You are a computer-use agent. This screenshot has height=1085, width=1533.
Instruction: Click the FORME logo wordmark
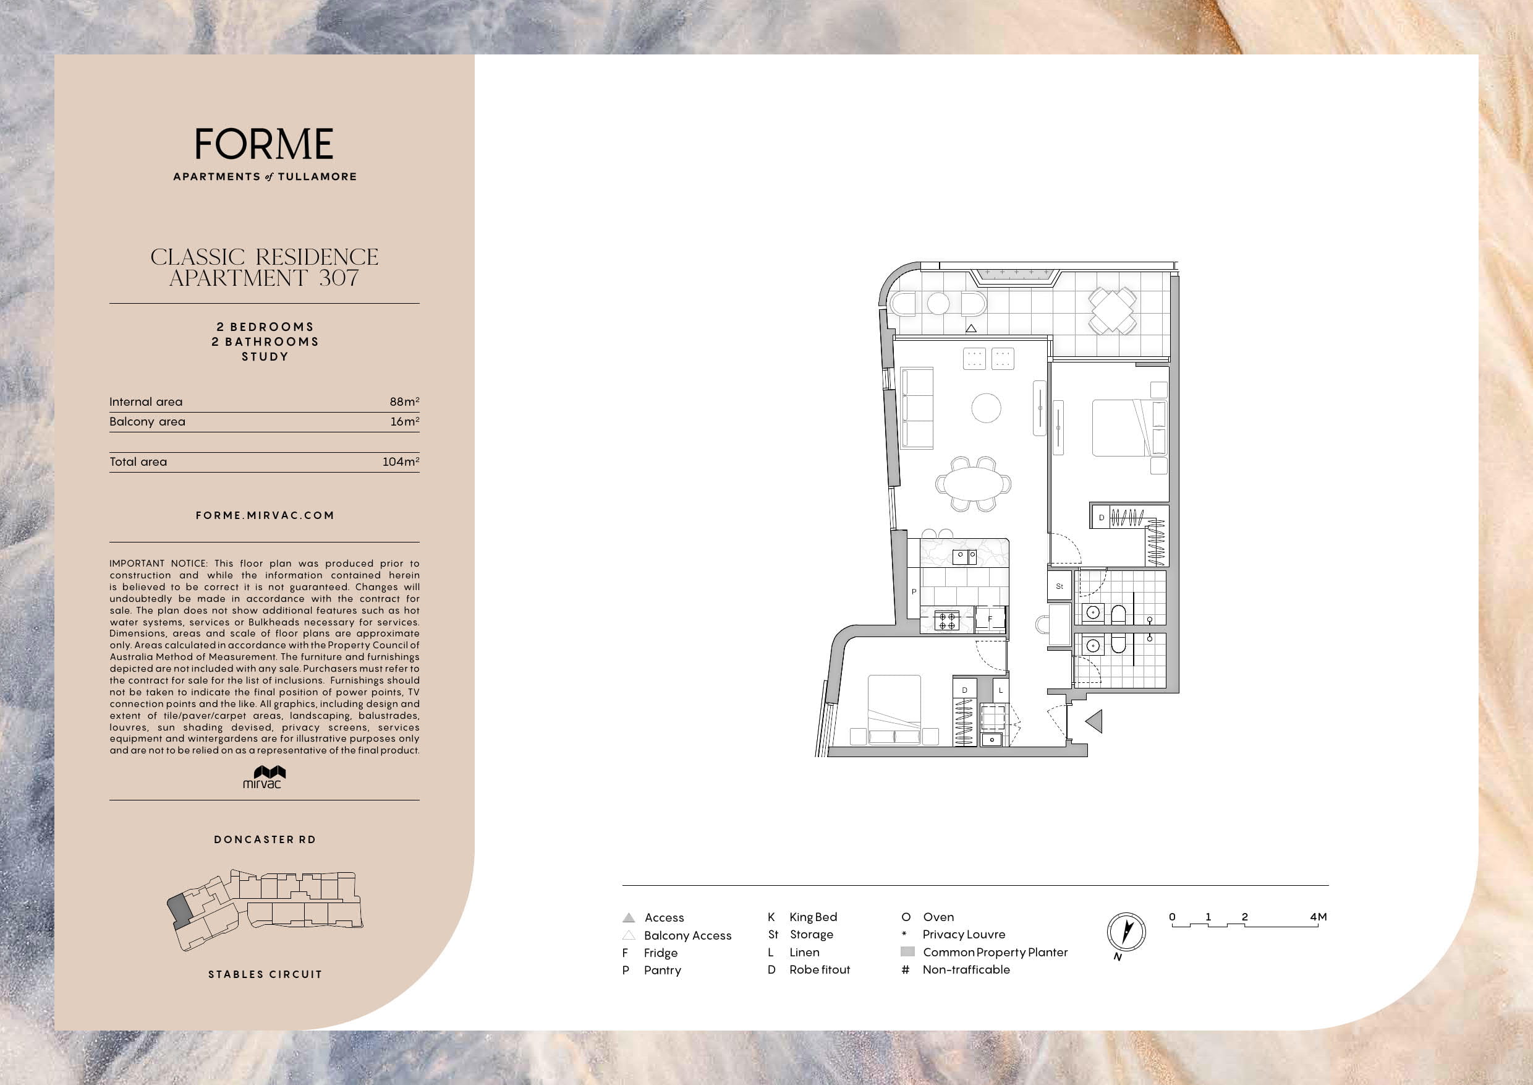tap(265, 144)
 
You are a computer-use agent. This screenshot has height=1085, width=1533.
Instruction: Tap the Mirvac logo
tap(265, 777)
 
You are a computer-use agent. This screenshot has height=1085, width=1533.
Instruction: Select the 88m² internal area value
tap(405, 401)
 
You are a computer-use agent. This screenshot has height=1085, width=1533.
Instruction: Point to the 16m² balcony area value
tap(405, 422)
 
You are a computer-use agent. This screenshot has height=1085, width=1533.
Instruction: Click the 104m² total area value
tap(401, 461)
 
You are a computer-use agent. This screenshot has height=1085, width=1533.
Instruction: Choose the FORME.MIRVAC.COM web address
tap(265, 515)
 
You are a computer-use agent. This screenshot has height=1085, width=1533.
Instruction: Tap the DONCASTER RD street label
tap(265, 839)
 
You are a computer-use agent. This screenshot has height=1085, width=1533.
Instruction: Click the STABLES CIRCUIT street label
tap(265, 974)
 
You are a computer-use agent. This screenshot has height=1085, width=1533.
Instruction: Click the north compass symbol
tap(1126, 933)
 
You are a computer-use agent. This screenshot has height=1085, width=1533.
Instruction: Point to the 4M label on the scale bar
tap(1318, 917)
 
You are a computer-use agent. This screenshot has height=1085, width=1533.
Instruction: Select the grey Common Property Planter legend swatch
tap(907, 952)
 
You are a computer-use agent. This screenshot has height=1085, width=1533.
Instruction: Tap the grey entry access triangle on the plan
tap(1094, 721)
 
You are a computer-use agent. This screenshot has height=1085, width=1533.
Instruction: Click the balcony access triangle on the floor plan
tap(972, 328)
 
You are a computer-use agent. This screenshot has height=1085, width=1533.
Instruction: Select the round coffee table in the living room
tap(986, 408)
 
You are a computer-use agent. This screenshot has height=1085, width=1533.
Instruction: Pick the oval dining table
tap(974, 483)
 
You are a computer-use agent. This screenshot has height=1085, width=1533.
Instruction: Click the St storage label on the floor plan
tap(1059, 586)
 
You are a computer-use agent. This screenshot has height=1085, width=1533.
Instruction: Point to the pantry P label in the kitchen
tap(914, 591)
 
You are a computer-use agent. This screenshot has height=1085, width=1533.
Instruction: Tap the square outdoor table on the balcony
tap(1113, 311)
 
